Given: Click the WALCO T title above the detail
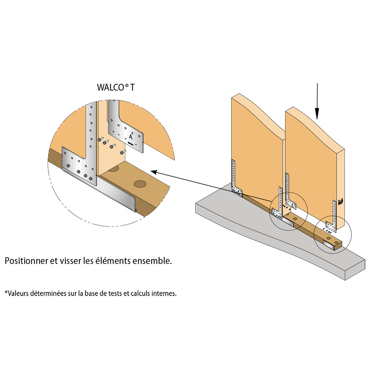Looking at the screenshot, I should (116, 87).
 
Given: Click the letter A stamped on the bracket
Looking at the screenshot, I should (131, 136).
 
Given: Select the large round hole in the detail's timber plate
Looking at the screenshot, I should (140, 184).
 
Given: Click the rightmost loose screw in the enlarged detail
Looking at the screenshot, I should (123, 152).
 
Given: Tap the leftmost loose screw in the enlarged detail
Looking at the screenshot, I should (99, 140).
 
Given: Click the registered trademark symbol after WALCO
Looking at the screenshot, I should (127, 86).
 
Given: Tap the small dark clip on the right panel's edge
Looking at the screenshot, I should (340, 200).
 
